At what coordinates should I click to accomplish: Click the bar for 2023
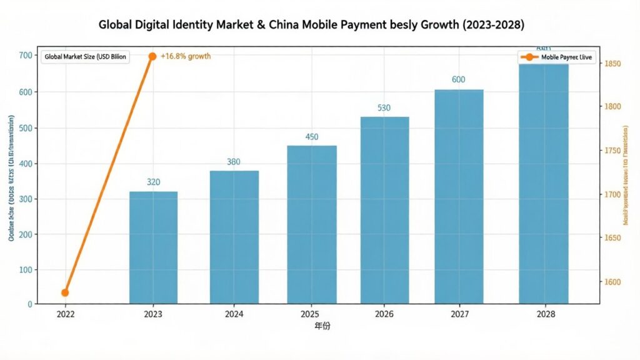[x=153, y=247]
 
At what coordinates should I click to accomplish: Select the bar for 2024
[x=234, y=237]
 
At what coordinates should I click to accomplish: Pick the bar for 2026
[x=384, y=210]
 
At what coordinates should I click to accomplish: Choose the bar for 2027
[x=459, y=197]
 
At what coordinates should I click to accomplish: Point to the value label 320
[x=153, y=182]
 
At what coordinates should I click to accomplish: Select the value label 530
[x=384, y=108]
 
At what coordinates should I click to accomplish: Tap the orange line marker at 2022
[x=65, y=292]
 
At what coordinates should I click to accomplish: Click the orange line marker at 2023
[x=152, y=56]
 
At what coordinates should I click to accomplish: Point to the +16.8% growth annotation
[x=186, y=56]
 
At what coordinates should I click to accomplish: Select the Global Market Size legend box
[x=85, y=57]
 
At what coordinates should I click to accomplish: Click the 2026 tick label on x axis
[x=384, y=314]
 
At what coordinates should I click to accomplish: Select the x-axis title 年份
[x=322, y=327]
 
